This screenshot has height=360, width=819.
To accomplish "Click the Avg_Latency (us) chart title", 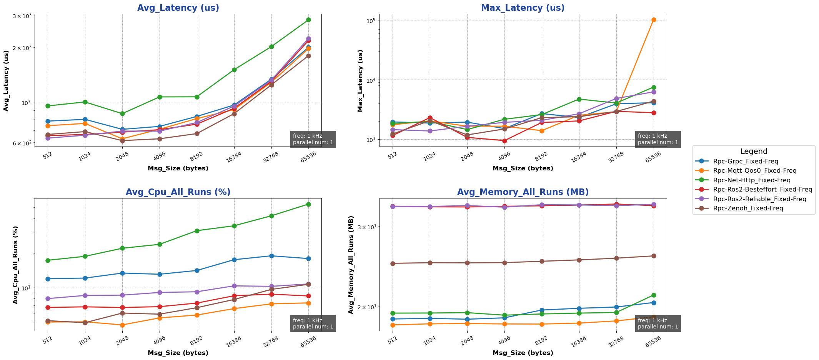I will tap(178, 8).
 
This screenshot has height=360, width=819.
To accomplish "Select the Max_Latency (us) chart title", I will tap(523, 8).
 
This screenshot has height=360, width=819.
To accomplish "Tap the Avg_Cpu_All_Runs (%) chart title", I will tap(178, 192).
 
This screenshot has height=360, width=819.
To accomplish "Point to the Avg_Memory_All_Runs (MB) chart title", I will tap(523, 192).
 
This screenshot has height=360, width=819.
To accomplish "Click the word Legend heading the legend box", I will tap(754, 152).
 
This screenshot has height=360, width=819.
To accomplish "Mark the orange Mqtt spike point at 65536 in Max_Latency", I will tap(654, 20).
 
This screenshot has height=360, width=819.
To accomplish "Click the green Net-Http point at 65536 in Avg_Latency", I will tap(308, 20).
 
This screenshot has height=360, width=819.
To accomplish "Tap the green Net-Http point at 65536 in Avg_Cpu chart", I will tap(308, 204).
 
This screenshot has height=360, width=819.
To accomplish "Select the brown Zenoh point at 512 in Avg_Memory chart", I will tap(393, 263).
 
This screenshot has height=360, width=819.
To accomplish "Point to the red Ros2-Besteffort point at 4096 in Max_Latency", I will tap(504, 141).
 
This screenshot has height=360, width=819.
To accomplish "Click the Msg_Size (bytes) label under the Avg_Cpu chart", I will tap(178, 353).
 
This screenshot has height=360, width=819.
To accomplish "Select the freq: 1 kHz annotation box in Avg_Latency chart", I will tap(313, 139).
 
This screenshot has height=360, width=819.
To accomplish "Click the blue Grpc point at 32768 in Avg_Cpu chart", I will tap(271, 256).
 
